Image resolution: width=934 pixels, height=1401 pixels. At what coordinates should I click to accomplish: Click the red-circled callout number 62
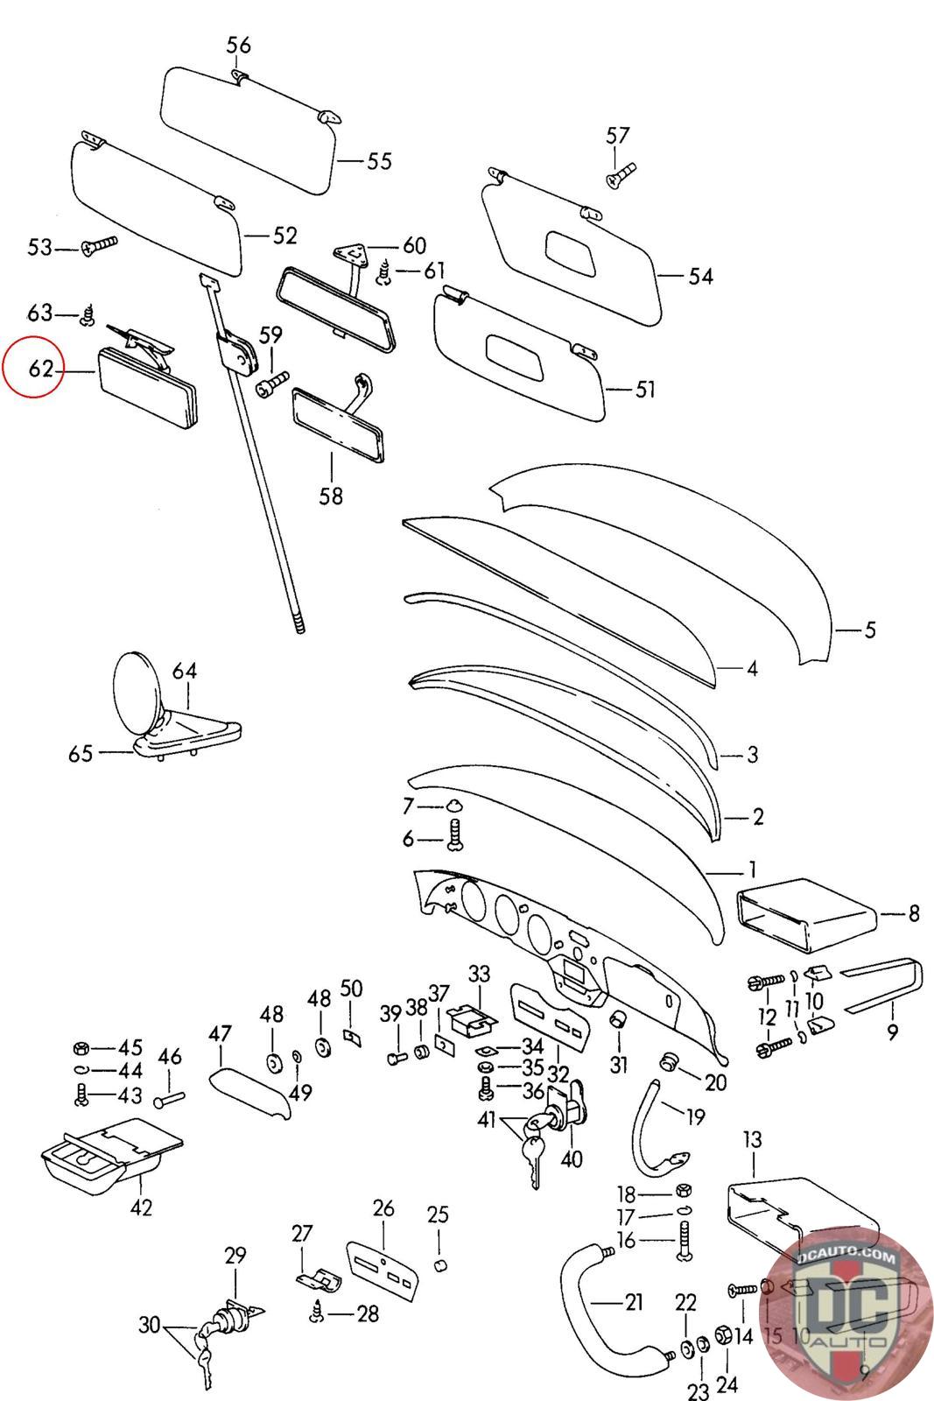40,370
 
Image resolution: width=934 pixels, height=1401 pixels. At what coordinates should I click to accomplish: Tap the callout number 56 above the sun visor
238,45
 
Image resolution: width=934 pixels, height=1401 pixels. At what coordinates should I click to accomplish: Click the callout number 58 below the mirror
331,496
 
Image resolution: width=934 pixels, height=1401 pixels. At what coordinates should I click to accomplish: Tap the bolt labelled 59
272,384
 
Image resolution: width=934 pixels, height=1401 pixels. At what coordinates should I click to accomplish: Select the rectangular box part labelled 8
805,919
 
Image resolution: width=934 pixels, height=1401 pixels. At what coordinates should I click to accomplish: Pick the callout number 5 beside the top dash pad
869,630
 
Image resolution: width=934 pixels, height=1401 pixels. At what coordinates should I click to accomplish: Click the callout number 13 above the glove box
753,1140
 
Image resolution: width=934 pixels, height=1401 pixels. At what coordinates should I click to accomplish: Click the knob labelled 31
619,1019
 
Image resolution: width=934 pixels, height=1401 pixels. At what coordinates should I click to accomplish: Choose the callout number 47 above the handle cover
220,1035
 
